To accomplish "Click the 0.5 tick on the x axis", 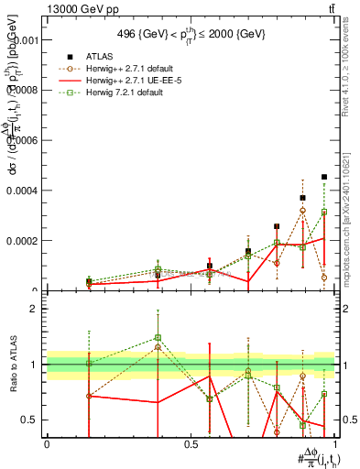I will tap(191, 443).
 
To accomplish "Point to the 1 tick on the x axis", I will tap(335, 443).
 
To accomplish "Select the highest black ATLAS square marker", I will tap(324, 177).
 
